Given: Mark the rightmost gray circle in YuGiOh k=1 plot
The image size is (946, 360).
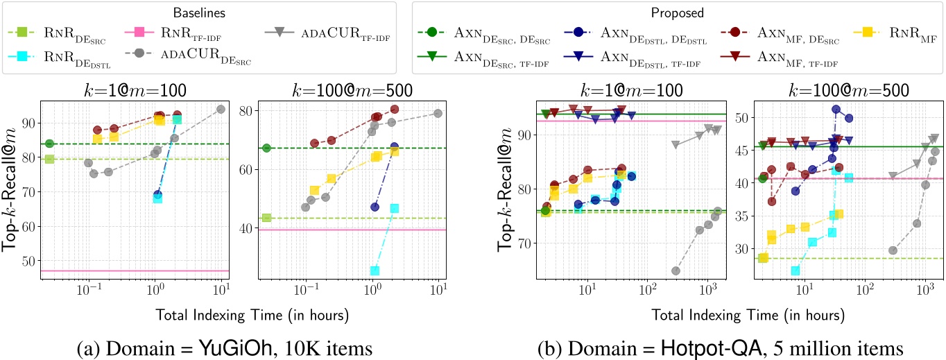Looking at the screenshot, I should pos(221,109).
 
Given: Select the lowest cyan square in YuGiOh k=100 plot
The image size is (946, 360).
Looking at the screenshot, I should pos(375,271).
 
